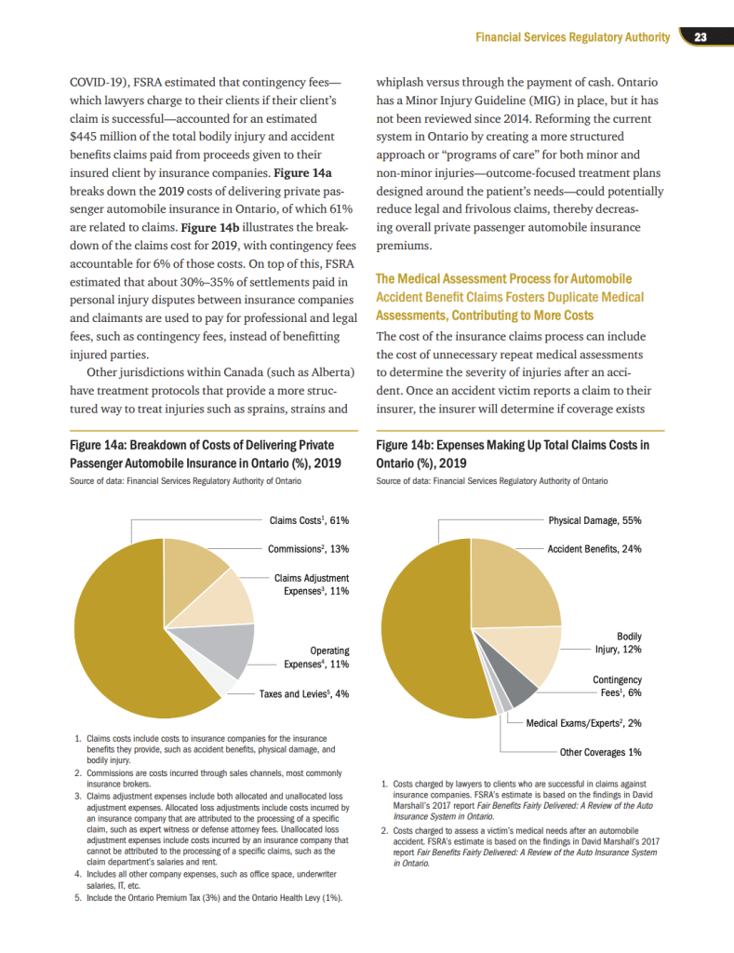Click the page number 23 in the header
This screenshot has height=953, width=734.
pyautogui.click(x=701, y=37)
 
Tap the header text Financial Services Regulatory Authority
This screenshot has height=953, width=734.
pyautogui.click(x=572, y=37)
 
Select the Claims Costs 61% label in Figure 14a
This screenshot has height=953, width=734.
pyautogui.click(x=309, y=521)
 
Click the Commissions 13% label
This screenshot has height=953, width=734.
pyautogui.click(x=308, y=549)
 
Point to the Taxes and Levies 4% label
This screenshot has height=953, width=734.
pyautogui.click(x=303, y=694)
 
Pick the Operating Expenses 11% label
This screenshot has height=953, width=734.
pyautogui.click(x=316, y=658)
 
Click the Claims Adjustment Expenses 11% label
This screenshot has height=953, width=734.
pyautogui.click(x=312, y=584)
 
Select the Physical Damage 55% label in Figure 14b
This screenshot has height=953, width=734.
pyautogui.click(x=594, y=521)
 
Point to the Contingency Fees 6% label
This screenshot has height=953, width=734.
pyautogui.click(x=617, y=687)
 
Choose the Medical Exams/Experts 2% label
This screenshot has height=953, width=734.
pyautogui.click(x=583, y=723)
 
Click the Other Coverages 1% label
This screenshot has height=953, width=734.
pyautogui.click(x=600, y=752)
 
